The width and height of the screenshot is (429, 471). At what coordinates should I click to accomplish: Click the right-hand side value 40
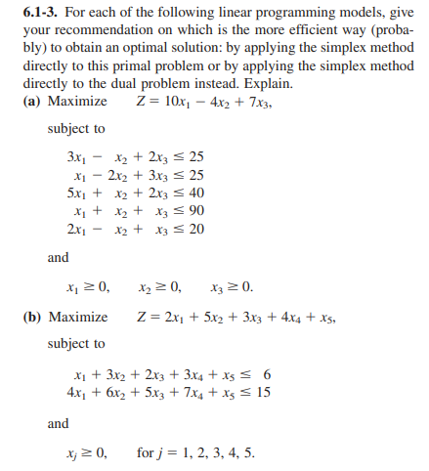coord(195,193)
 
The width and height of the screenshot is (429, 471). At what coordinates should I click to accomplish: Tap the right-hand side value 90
coord(195,210)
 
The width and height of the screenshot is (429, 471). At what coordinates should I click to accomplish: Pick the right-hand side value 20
coord(195,228)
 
